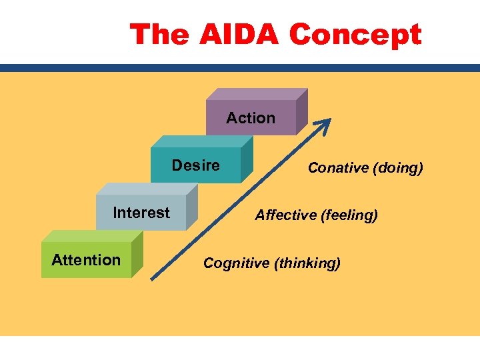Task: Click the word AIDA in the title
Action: coord(239,34)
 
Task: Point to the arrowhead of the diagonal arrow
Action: coord(327,123)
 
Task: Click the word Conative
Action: coord(339,168)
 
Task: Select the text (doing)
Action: coord(398,168)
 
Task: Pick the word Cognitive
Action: coord(237,263)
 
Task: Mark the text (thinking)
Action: coord(307,263)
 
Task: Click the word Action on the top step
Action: coord(251,118)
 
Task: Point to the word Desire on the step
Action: coord(196,165)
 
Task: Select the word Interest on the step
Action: coord(141,213)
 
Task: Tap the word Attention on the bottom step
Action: coord(86,260)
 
